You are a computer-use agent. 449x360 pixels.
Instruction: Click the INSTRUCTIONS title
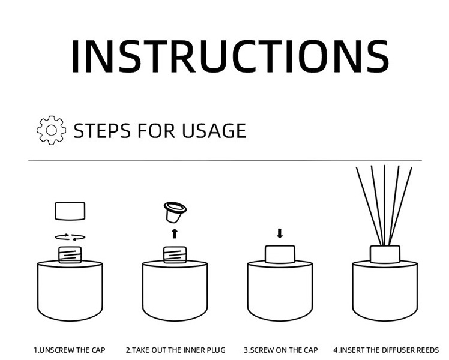click(x=231, y=56)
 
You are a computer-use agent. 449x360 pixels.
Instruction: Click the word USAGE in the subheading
click(x=214, y=131)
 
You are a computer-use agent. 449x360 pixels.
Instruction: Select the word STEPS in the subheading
click(x=102, y=131)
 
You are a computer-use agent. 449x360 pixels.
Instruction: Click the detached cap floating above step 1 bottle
click(x=70, y=211)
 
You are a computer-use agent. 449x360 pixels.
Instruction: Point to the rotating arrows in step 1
click(x=70, y=237)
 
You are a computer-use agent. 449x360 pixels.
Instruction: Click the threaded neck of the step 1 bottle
click(x=70, y=254)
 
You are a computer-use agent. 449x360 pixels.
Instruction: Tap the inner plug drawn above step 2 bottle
click(x=175, y=212)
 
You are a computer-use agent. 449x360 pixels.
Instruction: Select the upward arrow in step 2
click(x=175, y=234)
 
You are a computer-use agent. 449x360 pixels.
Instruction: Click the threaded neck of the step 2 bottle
click(x=175, y=254)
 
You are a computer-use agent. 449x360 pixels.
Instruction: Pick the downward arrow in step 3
click(x=280, y=233)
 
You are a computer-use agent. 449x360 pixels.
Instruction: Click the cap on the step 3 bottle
click(x=280, y=254)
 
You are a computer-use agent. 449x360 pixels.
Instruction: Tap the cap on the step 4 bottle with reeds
click(x=385, y=254)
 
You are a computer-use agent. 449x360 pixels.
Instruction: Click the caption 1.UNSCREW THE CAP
click(x=70, y=350)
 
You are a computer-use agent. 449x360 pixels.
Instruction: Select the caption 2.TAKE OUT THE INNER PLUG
click(x=175, y=350)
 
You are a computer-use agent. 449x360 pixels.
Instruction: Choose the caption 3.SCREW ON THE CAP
click(x=281, y=350)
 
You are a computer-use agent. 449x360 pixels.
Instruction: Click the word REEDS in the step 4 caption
click(x=427, y=350)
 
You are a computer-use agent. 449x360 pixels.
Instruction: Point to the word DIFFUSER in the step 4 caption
click(x=398, y=350)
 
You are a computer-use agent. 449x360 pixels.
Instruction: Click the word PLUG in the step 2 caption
click(x=216, y=350)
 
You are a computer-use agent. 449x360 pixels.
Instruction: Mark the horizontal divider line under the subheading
click(x=225, y=161)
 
